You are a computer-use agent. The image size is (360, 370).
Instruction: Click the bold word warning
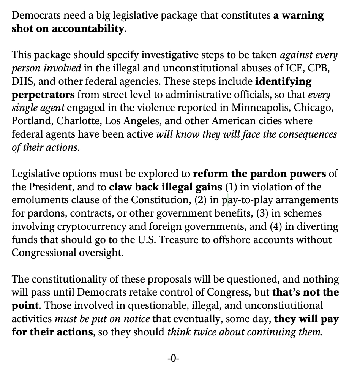point(302,16)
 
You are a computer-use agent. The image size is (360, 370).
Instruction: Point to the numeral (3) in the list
point(263,213)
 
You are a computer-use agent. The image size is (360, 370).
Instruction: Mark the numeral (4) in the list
point(277,227)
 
